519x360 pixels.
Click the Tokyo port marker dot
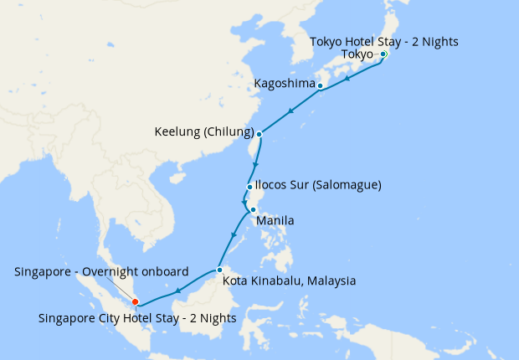pos(383,54)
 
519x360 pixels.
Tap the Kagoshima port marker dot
pos(320,85)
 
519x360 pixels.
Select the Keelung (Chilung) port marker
pos(259,134)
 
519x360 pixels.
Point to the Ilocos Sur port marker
pos(249,187)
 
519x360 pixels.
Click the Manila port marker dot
pos(253,210)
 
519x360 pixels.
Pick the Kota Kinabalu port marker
pos(218,270)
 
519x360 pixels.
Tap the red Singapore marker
pos(135,302)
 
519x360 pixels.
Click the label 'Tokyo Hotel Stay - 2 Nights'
pos(383,42)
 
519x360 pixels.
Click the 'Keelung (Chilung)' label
pos(204,132)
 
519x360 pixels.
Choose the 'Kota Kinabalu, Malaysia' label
pos(290,280)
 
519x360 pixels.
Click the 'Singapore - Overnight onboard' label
pos(101,270)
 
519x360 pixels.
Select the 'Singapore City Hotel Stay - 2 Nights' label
pos(137,318)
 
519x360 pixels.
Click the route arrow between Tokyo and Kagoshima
pos(347,78)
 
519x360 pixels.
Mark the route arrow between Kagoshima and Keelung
pos(290,111)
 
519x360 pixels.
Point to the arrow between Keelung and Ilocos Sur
pos(254,163)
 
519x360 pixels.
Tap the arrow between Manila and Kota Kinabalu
pos(234,239)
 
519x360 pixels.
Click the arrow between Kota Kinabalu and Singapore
pos(179,292)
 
